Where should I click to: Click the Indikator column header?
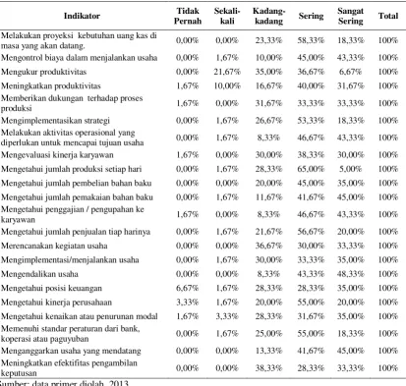pos(82,16)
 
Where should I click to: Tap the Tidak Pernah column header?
pos(188,16)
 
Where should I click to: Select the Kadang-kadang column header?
pos(268,16)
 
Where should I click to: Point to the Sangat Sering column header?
pos(351,16)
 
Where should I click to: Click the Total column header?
pos(388,16)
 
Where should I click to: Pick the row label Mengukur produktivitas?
pos(43,72)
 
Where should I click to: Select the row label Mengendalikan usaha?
pos(39,274)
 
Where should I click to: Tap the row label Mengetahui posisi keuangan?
pos(51,288)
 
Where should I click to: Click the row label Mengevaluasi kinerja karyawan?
pos(57,155)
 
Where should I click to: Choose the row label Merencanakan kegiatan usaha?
pos(54,246)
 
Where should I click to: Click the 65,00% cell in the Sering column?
pos(311,169)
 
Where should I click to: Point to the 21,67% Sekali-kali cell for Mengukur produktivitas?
pos(227,72)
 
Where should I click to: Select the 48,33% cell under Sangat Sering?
pos(351,274)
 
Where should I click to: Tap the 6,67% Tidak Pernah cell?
pos(188,288)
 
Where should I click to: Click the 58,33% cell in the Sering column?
pos(311,40)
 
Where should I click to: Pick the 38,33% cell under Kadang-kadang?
pos(268,368)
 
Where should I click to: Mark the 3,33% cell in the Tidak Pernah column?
pos(188,303)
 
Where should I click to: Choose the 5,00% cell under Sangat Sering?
pos(351,169)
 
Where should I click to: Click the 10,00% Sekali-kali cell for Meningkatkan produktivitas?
pos(227,85)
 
